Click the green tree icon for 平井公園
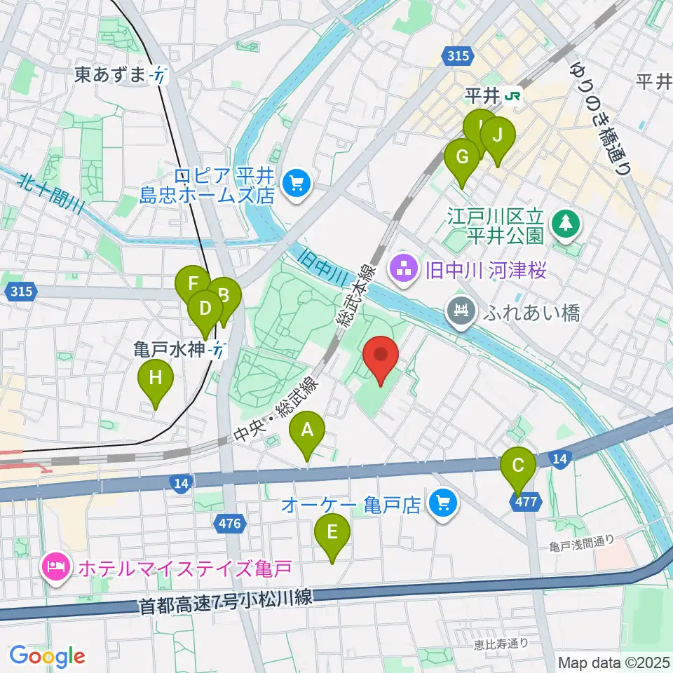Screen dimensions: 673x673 566,224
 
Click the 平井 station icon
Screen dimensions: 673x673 515,95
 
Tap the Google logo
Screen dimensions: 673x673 47,656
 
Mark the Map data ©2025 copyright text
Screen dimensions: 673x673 613,662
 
